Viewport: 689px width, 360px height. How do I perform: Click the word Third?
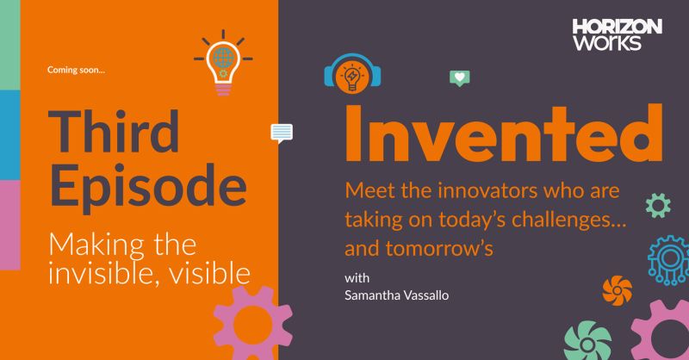coord(114,133)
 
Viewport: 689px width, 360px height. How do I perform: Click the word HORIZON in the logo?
coord(617,28)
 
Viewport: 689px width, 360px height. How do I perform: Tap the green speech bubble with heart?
coord(460,78)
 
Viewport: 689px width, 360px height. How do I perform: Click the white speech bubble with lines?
coord(282,133)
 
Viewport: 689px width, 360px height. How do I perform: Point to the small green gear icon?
coord(658,205)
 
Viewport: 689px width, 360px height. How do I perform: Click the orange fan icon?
coord(617,290)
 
